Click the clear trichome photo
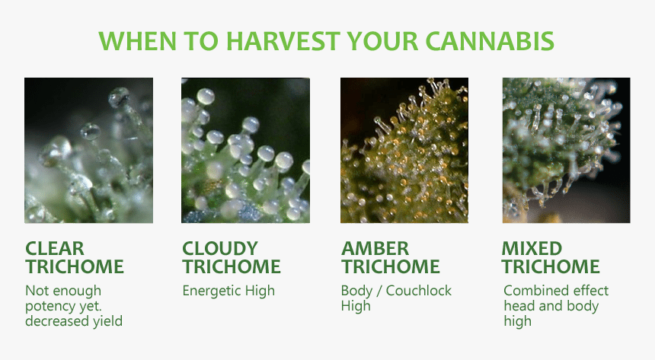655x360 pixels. click(x=88, y=150)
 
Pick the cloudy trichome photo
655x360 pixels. click(x=245, y=150)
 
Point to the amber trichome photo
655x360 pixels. click(x=404, y=150)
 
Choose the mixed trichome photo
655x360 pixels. click(x=566, y=150)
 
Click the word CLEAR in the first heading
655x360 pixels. click(x=55, y=249)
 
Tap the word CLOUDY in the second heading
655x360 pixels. click(x=220, y=249)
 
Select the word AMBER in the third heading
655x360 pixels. click(x=375, y=249)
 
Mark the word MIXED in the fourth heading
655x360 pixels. click(x=532, y=249)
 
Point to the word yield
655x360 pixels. click(x=106, y=321)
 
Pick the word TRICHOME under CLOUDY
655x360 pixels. click(x=232, y=267)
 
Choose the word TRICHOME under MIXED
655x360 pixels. click(x=551, y=267)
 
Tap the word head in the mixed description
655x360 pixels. click(x=519, y=306)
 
